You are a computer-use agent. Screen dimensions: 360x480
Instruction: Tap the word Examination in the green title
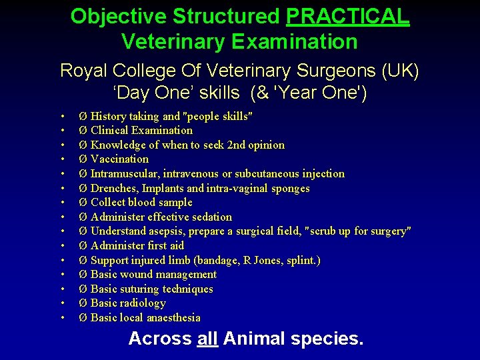pyautogui.click(x=295, y=41)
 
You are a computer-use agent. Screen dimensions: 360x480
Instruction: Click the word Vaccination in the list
pyautogui.click(x=119, y=159)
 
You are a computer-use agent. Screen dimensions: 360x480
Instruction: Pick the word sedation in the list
pyautogui.click(x=209, y=217)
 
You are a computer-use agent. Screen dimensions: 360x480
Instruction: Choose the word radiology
pyautogui.click(x=143, y=303)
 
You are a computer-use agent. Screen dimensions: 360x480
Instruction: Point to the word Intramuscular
pyautogui.click(x=125, y=173)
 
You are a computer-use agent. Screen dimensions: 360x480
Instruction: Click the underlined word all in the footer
pyautogui.click(x=208, y=339)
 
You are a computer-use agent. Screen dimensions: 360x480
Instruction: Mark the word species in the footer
pyautogui.click(x=327, y=339)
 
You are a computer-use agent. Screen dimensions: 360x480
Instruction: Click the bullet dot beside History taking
pyautogui.click(x=61, y=117)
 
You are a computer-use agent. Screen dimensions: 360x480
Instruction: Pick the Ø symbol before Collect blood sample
pyautogui.click(x=83, y=203)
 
